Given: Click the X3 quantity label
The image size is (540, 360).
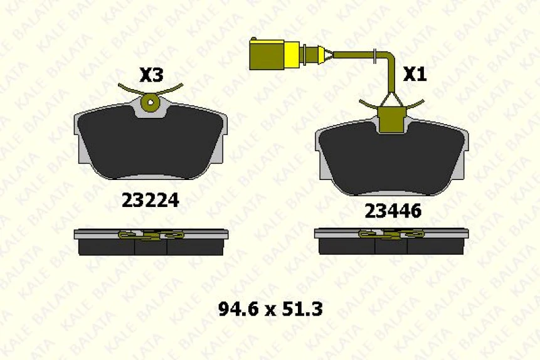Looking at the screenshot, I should [151, 76].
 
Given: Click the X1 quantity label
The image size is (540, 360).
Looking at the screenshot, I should [414, 75].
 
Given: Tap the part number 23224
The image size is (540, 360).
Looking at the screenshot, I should [150, 200].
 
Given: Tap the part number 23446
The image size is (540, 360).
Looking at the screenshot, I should [393, 212].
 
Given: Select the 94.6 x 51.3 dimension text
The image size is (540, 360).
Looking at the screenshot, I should [270, 309].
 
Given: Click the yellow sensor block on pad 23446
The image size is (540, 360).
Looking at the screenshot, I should [391, 119].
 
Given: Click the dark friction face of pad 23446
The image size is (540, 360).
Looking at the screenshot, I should [392, 160].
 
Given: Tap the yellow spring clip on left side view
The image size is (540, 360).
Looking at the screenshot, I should [151, 235].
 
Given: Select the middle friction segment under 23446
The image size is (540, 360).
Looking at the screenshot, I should [391, 246].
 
